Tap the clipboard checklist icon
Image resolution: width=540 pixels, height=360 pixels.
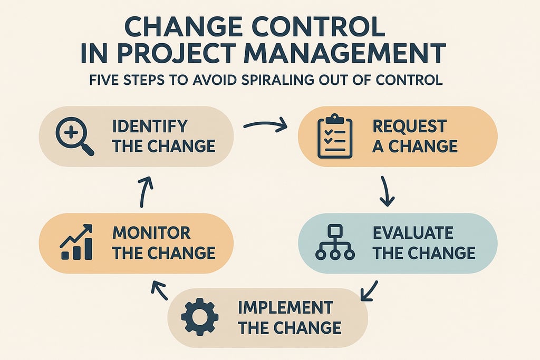pyautogui.click(x=335, y=137)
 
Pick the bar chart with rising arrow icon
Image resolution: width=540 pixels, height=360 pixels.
pyautogui.click(x=77, y=242)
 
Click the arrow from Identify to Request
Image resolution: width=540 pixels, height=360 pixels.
pyautogui.click(x=265, y=125)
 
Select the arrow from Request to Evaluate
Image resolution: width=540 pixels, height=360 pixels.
pyautogui.click(x=386, y=191)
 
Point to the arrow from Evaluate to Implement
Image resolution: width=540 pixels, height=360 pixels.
pyautogui.click(x=369, y=289)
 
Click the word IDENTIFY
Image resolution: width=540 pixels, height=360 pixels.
pyautogui.click(x=150, y=127)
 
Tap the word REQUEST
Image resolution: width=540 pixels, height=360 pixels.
pyautogui.click(x=409, y=127)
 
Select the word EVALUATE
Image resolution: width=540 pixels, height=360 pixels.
pyautogui.click(x=412, y=232)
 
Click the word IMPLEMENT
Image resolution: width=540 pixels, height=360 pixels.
pyautogui.click(x=285, y=307)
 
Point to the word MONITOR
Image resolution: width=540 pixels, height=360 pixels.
pyautogui.click(x=151, y=232)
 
